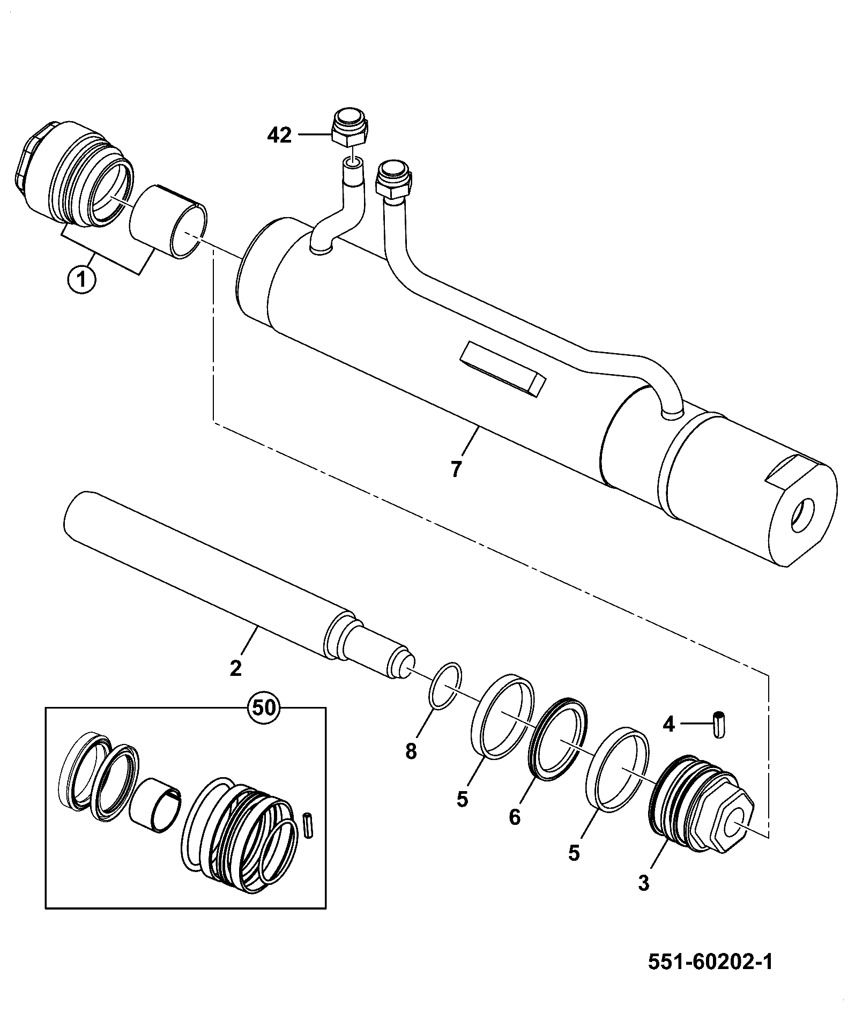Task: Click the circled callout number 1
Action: tap(81, 280)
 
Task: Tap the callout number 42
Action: tap(279, 136)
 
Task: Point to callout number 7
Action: tap(456, 468)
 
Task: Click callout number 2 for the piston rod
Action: tap(235, 668)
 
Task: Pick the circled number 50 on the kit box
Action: tap(264, 707)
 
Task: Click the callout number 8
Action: tap(411, 752)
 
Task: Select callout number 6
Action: tap(515, 817)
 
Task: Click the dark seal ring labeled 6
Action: tap(557, 738)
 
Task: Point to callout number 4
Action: tap(668, 724)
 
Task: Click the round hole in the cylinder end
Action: tap(802, 515)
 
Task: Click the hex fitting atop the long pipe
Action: tap(395, 180)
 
